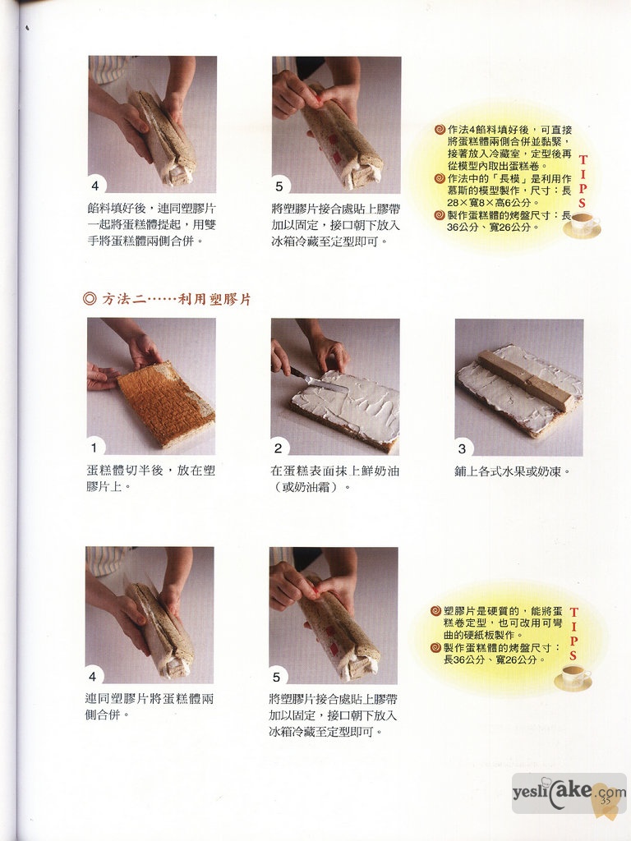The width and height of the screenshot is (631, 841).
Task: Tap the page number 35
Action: click(x=606, y=800)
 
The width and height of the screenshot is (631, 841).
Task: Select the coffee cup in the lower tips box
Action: click(x=573, y=677)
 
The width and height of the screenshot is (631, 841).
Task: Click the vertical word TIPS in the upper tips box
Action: click(x=583, y=182)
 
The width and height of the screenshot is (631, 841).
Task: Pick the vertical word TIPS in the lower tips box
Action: click(x=573, y=634)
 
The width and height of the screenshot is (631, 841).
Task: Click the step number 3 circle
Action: click(x=462, y=448)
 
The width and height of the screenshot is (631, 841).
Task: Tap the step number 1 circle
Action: click(x=94, y=448)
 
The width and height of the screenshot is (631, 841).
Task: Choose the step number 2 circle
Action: click(x=278, y=448)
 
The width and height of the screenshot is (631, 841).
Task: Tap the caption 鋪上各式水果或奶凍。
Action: click(x=512, y=472)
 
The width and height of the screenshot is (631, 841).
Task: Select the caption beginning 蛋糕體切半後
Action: click(x=151, y=479)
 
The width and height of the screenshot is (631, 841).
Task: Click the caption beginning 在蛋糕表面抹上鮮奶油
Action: click(x=335, y=479)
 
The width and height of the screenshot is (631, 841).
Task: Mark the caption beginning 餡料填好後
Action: click(x=152, y=225)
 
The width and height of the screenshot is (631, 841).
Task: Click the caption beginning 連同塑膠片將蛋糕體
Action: click(x=150, y=707)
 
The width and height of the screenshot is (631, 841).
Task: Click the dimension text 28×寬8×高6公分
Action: click(x=489, y=203)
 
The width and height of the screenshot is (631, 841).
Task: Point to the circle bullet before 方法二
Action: click(x=90, y=299)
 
